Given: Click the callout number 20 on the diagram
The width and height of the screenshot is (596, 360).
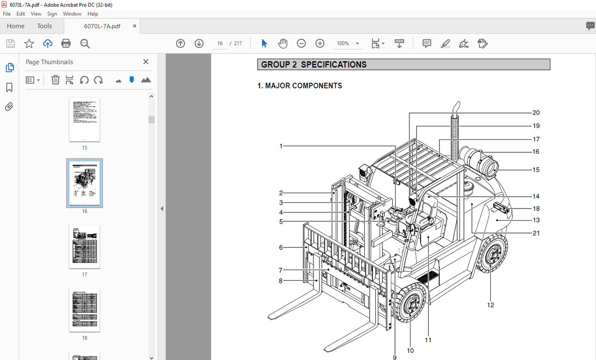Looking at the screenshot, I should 536,113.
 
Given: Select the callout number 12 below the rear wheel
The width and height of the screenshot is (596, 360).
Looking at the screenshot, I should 490,305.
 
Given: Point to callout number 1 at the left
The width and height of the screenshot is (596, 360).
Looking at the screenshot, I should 281,146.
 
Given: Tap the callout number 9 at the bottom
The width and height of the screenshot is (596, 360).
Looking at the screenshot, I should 395,357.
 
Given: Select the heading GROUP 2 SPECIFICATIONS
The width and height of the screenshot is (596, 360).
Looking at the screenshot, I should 314,64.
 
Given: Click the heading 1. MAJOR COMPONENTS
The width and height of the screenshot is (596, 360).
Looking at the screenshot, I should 300,86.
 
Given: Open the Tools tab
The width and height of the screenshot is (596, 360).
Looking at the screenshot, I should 45,26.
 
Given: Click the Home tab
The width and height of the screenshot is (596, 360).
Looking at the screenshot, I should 16,26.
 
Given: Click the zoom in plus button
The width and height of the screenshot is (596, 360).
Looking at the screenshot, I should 320,44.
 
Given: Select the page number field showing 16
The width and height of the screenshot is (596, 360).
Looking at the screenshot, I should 220,44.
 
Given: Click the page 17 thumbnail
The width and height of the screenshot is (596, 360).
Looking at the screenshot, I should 85,246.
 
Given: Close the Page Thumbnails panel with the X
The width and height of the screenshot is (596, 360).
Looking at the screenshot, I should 146,62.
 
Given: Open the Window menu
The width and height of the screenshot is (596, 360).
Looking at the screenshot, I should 72,14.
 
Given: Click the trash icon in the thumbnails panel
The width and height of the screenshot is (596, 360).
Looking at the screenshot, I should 55,80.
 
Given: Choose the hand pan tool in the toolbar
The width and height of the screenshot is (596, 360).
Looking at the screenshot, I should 283,44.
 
